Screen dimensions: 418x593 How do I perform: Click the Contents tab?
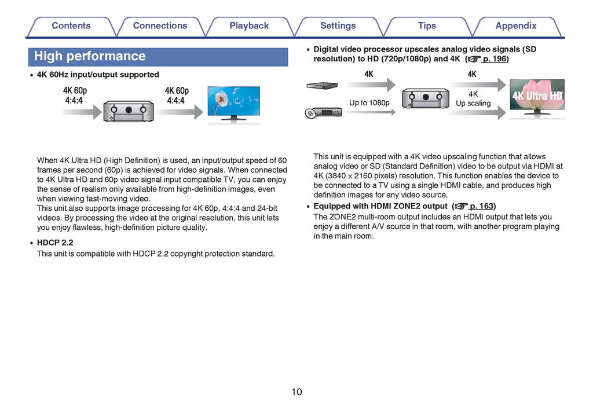71,26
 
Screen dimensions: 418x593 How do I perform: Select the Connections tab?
160,26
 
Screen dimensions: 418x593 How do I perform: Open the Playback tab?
249,26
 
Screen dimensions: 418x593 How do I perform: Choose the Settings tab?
338,26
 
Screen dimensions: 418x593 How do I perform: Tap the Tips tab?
427,26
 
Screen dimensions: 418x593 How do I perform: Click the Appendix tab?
516,26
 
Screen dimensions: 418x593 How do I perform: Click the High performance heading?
90,57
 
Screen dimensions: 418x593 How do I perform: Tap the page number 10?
296,392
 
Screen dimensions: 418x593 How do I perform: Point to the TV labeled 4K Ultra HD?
537,97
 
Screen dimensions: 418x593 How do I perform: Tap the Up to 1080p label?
369,103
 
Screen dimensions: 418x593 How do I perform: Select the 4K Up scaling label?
473,98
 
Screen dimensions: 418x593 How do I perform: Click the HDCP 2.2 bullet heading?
55,243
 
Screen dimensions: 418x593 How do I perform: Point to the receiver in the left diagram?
128,110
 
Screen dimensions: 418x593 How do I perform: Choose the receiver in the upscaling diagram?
426,98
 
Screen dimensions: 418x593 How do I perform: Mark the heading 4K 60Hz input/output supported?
98,75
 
